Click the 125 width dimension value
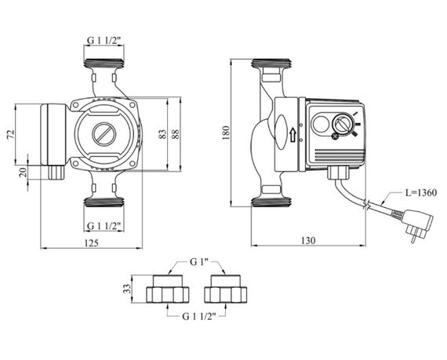coord(92,243)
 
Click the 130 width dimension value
coord(308,241)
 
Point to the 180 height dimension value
coord(226,133)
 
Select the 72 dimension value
coord(10,134)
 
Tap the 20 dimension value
coord(23,173)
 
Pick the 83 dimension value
coord(162,134)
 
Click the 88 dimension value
coord(176,134)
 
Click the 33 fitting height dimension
coord(126,289)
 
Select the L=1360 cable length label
coord(421,193)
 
